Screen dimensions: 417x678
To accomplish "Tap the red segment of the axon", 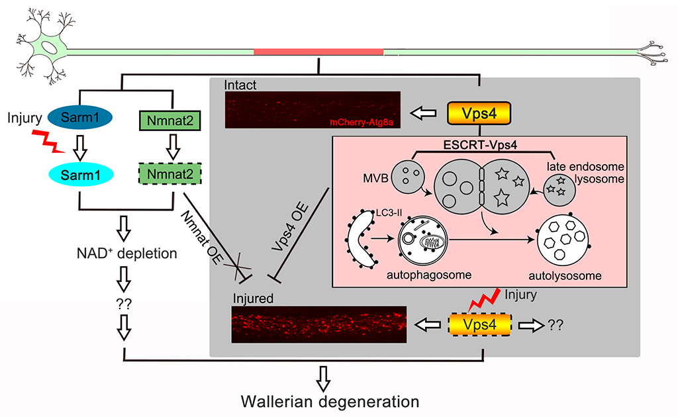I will click(x=318, y=51).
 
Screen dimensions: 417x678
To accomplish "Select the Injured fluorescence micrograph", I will click(x=318, y=324).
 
